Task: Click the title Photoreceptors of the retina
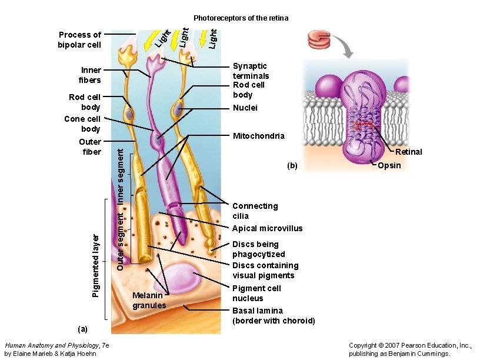point(241,18)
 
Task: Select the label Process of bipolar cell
point(79,39)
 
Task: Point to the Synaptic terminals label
point(251,71)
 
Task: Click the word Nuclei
point(245,108)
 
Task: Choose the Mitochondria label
point(258,136)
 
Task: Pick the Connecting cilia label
point(255,211)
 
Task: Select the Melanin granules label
point(149,300)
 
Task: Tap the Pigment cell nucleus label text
point(256,293)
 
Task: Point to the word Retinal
point(408,152)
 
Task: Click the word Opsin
point(389,165)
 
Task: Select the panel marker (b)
point(293,166)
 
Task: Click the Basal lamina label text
point(274,315)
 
